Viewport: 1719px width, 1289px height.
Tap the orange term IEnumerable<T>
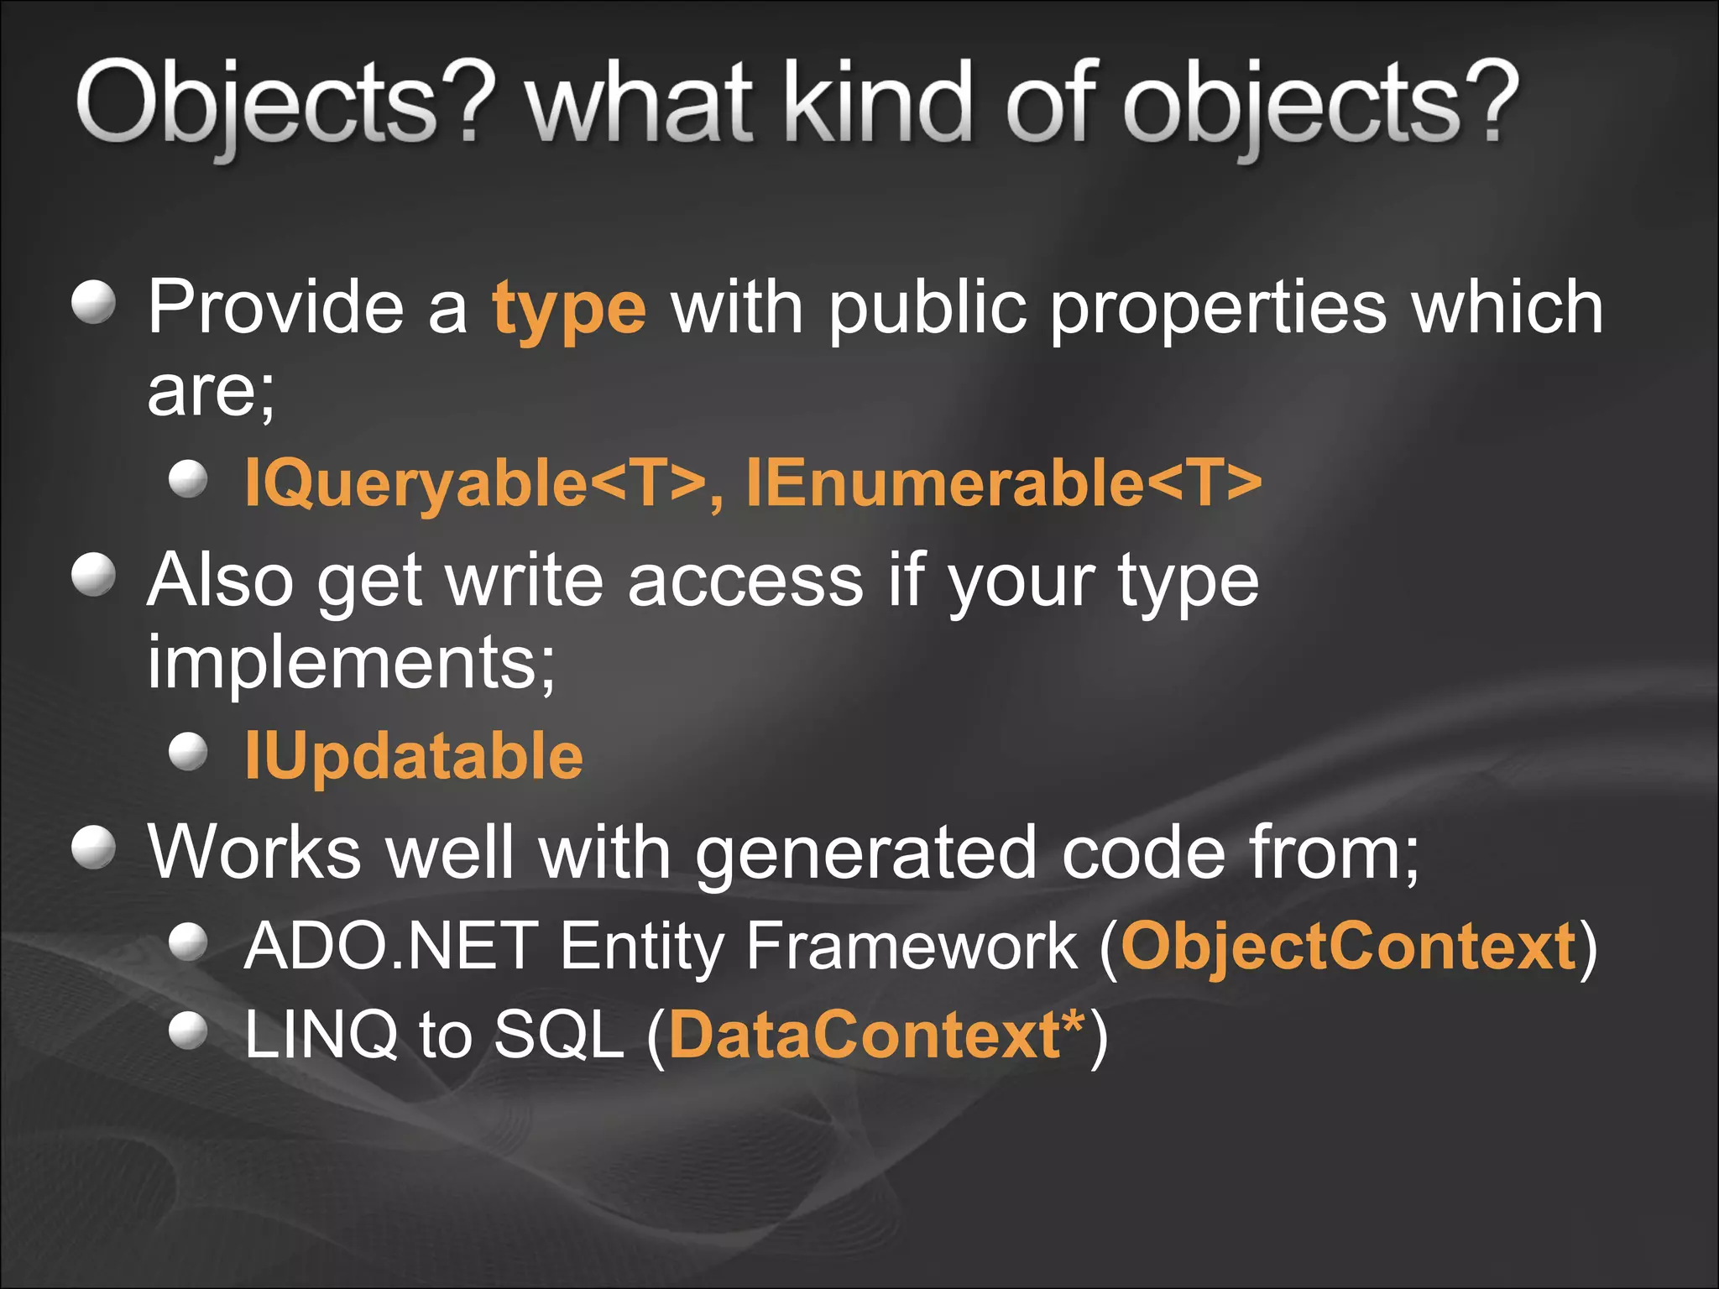[1003, 483]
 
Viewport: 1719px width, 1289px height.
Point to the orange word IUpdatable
[414, 755]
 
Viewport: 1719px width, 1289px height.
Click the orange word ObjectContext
[1348, 947]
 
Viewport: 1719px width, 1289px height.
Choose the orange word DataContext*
[877, 1035]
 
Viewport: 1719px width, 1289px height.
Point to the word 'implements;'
[352, 663]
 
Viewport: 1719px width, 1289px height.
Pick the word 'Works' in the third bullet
[254, 852]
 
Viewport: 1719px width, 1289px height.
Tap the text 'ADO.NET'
[390, 947]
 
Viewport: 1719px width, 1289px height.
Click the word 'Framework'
[912, 947]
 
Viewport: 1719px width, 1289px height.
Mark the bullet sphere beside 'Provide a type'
[93, 301]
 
